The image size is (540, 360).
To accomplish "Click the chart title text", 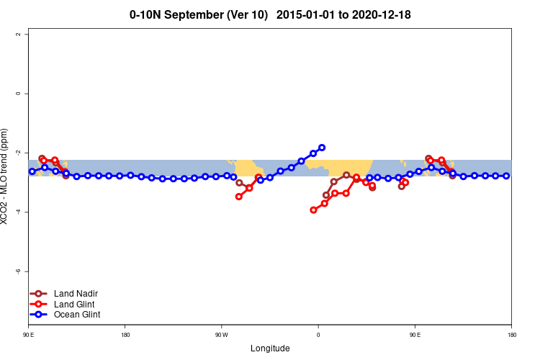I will point(270,14).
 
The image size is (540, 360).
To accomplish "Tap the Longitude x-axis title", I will point(270,348).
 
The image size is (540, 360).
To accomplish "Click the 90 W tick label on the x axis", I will point(221,335).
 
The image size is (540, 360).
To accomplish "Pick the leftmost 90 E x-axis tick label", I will point(29,335).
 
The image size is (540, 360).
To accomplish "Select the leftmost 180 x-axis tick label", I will point(125,335).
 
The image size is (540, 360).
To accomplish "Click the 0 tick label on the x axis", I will point(318,335).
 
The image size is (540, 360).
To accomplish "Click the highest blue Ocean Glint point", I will point(322,148).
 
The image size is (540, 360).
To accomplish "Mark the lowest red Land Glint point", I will point(313,210).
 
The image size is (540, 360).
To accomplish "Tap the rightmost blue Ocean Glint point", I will point(506,176).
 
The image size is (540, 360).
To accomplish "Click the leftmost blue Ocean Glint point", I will point(32,171).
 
